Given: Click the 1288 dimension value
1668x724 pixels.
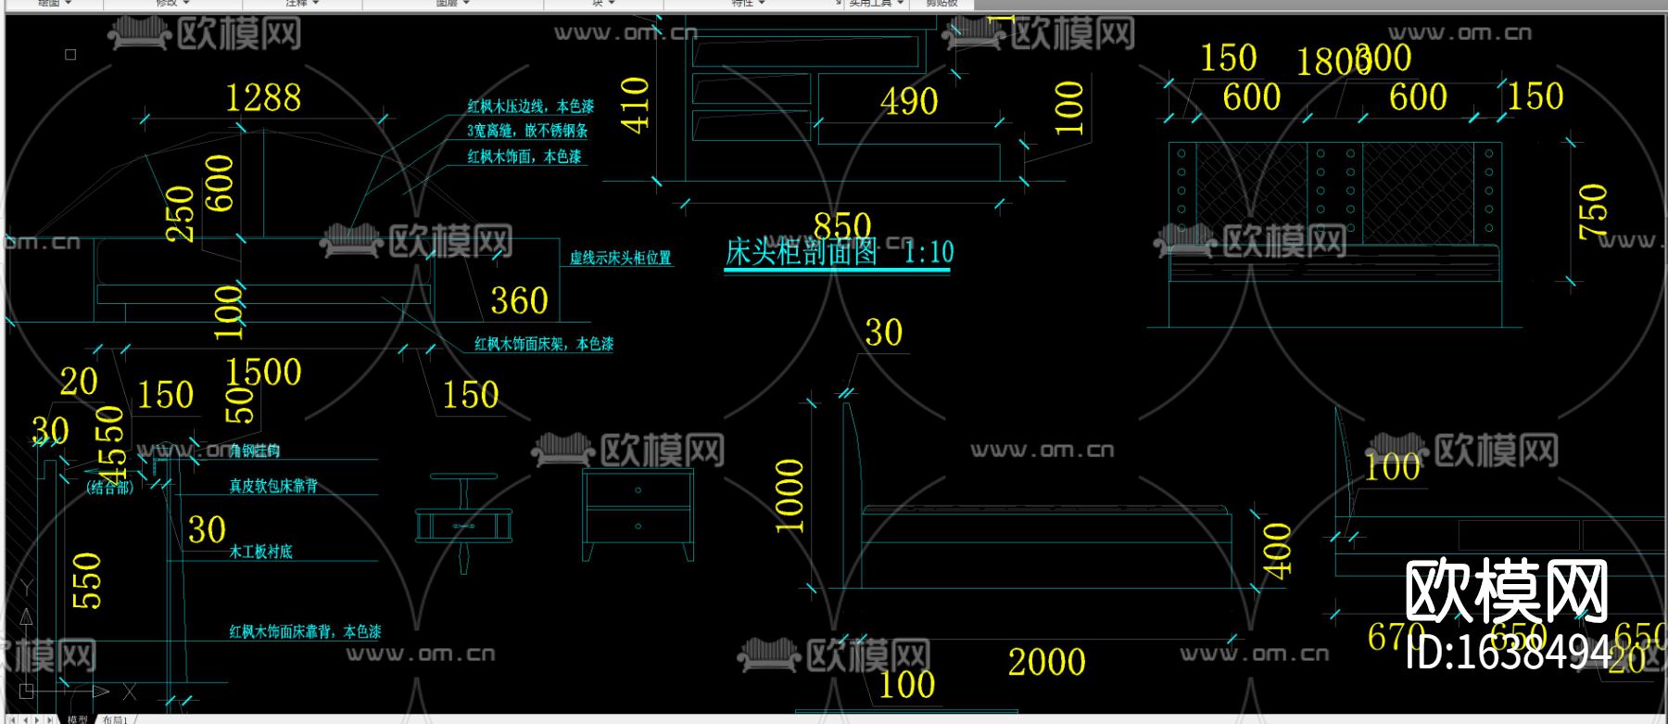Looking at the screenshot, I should point(263,98).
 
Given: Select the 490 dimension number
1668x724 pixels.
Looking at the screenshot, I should point(909,102).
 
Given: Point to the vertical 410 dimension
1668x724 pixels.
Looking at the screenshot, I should point(636,105).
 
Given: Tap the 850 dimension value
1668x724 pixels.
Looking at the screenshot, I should point(842,225).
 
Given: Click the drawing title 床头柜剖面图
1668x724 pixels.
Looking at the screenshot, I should point(801,252).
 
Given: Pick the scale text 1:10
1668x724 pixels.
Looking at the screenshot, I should point(929,252).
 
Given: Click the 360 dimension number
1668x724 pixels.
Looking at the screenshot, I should point(519,301).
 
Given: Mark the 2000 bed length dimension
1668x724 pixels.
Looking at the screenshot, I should point(1046,662).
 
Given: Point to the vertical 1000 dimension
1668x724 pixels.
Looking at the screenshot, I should point(790,496).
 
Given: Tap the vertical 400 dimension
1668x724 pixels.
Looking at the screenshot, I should point(1278,552).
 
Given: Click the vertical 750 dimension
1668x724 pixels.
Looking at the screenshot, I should point(1593,211).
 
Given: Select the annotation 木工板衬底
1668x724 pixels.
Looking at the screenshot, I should point(260,552).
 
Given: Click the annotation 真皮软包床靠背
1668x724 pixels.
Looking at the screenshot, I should point(273,486).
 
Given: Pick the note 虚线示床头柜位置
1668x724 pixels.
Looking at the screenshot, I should point(620,258).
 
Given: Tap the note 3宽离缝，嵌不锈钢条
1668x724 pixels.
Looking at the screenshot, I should point(526,131).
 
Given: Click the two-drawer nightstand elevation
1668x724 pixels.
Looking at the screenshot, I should point(638,513).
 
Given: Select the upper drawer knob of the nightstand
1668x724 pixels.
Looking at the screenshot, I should point(638,489).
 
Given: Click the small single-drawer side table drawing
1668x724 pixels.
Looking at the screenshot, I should point(463,521).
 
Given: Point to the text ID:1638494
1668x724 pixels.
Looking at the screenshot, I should point(1509,654).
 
